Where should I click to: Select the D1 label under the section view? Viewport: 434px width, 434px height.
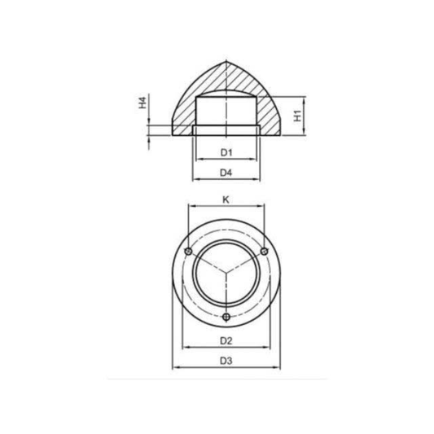tap(227, 152)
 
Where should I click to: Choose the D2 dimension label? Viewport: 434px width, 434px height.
tap(227, 340)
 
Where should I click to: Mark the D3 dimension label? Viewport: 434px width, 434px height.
tap(227, 361)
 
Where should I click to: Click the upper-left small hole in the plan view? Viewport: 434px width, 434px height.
tap(189, 252)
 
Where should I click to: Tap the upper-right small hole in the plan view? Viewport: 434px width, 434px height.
tap(265, 252)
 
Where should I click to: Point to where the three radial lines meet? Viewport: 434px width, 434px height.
tap(227, 273)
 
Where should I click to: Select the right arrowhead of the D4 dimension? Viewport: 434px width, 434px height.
tap(260, 179)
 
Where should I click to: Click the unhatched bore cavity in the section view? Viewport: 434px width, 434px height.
tap(227, 112)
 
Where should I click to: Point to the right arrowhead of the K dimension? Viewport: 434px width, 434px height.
tap(264, 207)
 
